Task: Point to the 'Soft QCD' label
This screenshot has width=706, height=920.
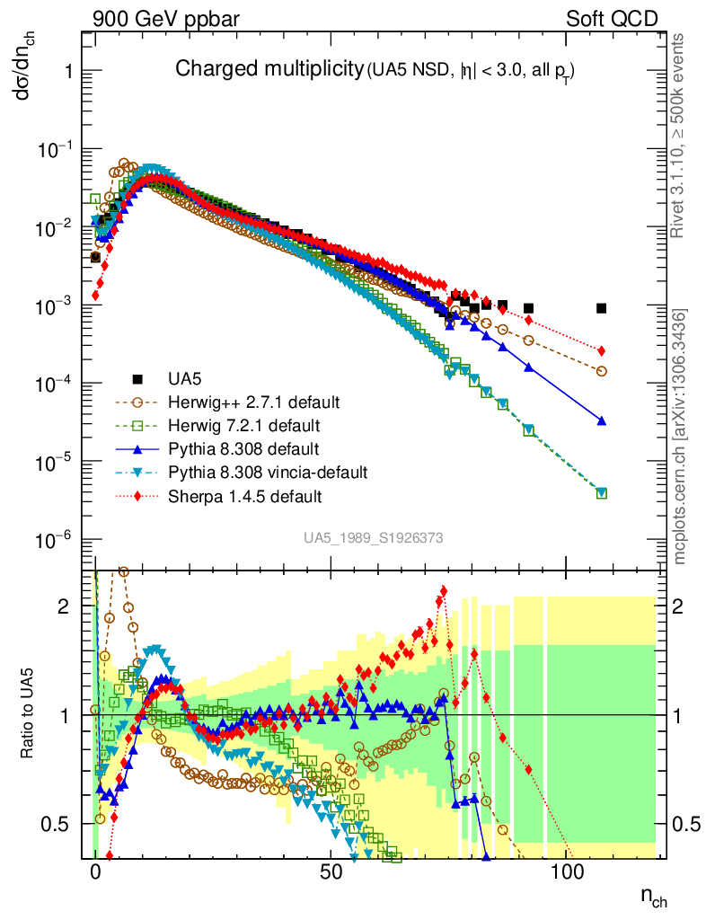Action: [612, 19]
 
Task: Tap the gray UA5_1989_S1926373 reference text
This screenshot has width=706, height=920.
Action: [373, 538]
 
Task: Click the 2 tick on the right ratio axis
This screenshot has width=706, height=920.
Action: [687, 606]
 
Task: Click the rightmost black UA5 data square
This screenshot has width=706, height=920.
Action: [602, 308]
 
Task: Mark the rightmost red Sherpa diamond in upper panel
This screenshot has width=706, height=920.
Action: [602, 350]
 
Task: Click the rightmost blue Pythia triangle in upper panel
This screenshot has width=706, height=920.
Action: [602, 420]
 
